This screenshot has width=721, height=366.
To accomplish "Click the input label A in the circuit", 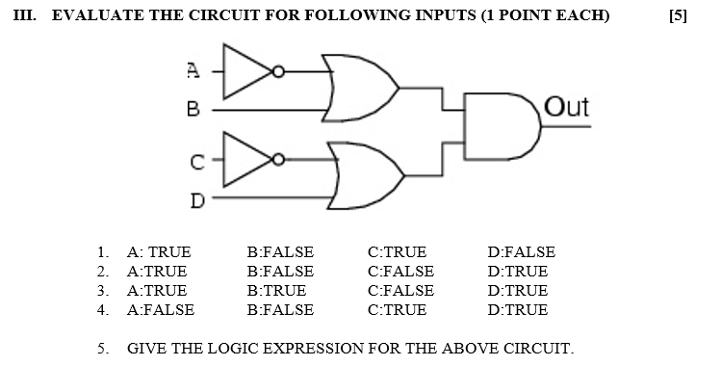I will click(x=193, y=69).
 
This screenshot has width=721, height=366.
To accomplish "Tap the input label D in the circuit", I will click(x=196, y=200).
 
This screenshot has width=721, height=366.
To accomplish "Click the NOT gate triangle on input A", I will click(x=245, y=70).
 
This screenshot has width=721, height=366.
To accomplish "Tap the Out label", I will click(x=566, y=107).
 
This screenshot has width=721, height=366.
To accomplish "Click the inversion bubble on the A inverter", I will click(x=278, y=70).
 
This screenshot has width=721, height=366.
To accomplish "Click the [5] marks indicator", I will click(x=678, y=16).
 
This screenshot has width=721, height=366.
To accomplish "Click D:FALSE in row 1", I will click(x=521, y=252).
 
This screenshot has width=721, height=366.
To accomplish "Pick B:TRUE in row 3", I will click(x=276, y=290).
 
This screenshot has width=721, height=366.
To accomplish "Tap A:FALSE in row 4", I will click(x=161, y=309).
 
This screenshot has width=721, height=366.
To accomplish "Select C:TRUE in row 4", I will click(x=397, y=309).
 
